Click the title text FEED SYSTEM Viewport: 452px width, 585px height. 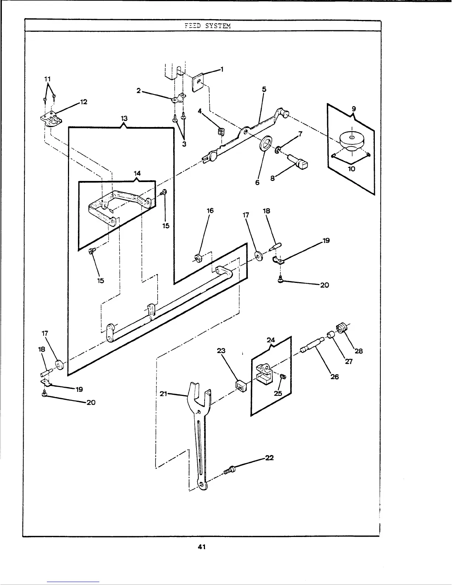point(207,26)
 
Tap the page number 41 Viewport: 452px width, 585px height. point(201,547)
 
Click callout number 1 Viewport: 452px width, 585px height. point(222,69)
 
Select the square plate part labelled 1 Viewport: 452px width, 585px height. point(198,82)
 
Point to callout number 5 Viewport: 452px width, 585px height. point(264,89)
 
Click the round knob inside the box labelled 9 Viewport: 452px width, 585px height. point(351,139)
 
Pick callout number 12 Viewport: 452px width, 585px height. point(83,102)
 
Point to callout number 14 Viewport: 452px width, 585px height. point(137,173)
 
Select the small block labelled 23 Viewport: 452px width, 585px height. point(240,386)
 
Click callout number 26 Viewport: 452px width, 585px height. point(335,377)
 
